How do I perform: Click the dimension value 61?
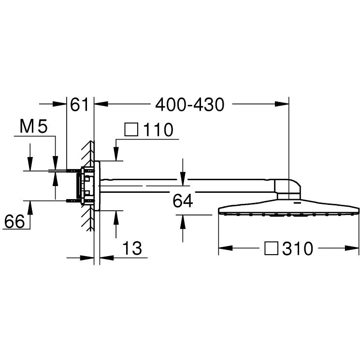click(x=79, y=104)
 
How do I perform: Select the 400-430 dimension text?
click(x=189, y=105)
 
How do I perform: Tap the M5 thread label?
click(x=33, y=126)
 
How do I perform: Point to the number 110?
click(x=158, y=130)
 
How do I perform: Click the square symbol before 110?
click(x=131, y=130)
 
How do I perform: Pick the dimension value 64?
click(x=183, y=201)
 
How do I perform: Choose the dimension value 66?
click(x=14, y=221)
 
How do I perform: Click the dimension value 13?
click(x=132, y=248)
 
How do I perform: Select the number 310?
click(x=298, y=248)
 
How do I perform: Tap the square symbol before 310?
click(x=271, y=248)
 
